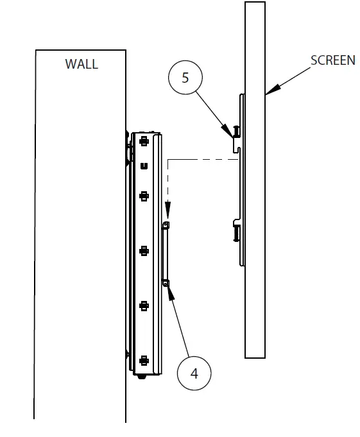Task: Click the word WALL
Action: click(x=81, y=64)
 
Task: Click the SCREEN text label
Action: click(x=332, y=60)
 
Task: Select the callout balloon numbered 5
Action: click(x=185, y=78)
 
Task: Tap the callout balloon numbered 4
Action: click(x=194, y=373)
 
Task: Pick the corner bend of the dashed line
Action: click(x=167, y=160)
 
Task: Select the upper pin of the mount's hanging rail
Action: click(x=166, y=225)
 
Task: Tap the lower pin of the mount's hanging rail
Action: click(x=166, y=282)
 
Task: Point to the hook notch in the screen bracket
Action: click(x=236, y=149)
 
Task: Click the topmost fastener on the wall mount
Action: click(x=143, y=140)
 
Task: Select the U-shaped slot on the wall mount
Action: click(x=143, y=166)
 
